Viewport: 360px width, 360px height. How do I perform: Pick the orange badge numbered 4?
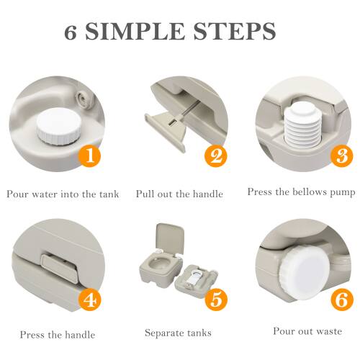(88, 300)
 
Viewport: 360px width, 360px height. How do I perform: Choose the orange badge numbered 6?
(340, 300)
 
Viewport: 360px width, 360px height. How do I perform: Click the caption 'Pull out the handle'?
(179, 194)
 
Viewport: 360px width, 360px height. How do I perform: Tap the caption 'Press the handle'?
(58, 334)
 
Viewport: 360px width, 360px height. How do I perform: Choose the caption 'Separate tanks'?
(179, 333)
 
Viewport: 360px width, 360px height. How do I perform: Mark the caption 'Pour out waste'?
(307, 331)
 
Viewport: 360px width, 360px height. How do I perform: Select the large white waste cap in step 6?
(302, 277)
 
